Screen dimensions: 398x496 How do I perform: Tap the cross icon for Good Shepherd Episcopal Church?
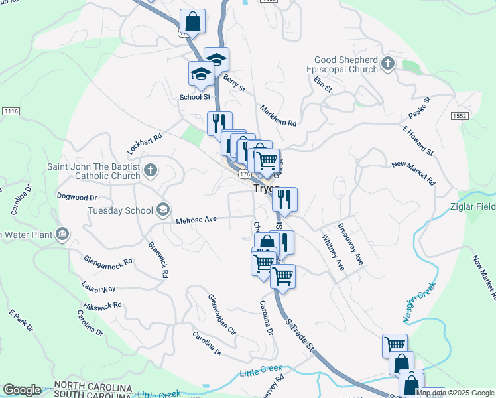point(389,65)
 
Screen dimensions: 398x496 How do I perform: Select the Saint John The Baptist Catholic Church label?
point(93,171)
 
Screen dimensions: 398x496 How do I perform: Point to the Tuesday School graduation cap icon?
point(162,210)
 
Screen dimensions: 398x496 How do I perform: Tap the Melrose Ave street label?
point(197,220)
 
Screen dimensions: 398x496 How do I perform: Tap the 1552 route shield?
point(460,115)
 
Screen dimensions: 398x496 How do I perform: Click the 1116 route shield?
point(11,111)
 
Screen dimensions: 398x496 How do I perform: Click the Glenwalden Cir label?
point(221,314)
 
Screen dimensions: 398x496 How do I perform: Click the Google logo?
point(22,390)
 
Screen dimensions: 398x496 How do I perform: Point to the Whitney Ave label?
point(333,251)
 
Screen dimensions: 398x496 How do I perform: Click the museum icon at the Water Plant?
point(63,234)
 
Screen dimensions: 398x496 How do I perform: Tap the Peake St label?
point(419,107)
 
